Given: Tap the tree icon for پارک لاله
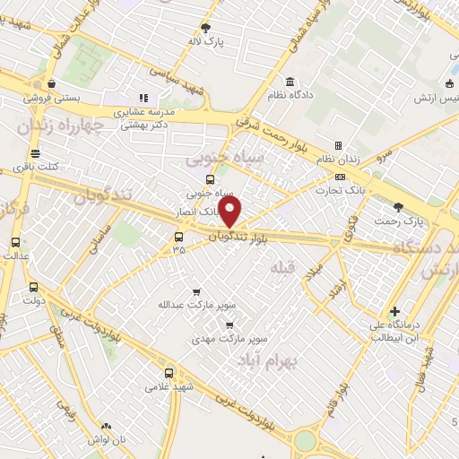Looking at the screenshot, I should click(205, 29).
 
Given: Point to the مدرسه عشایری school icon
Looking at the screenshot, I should click(142, 99).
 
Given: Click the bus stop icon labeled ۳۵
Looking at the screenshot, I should click(178, 238).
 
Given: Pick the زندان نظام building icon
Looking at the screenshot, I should click(338, 145).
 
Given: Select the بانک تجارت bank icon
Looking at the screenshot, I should click(339, 177).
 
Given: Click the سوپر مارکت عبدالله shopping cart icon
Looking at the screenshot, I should click(196, 292).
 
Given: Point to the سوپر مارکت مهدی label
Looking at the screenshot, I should click(220, 340).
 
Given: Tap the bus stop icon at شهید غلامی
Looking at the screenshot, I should click(168, 374).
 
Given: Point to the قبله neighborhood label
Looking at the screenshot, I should click(281, 266).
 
